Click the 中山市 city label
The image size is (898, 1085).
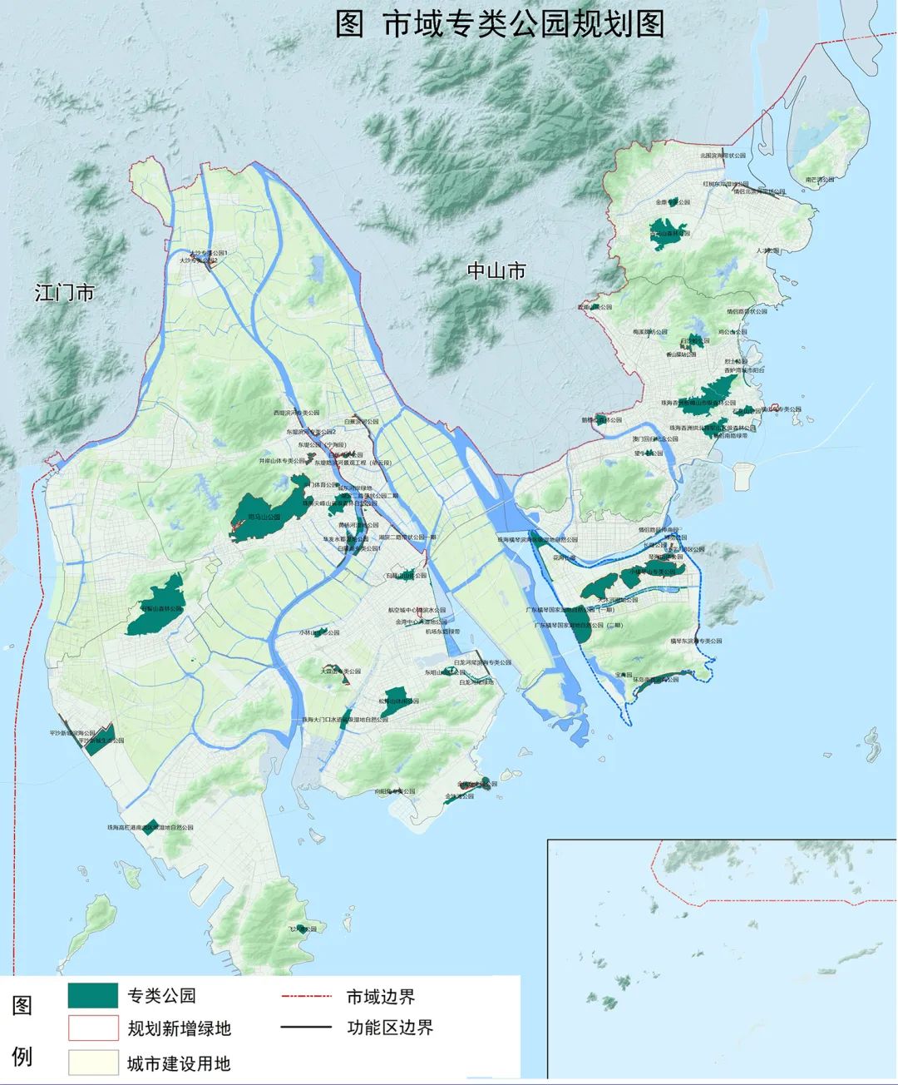click(496, 270)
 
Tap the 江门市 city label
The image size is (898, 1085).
click(64, 293)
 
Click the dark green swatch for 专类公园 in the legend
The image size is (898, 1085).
click(93, 995)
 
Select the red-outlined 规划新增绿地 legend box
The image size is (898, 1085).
click(93, 1028)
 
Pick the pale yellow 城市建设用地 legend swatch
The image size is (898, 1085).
click(93, 1063)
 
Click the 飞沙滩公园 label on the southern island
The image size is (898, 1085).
click(303, 929)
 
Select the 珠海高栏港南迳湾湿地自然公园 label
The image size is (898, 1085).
click(150, 828)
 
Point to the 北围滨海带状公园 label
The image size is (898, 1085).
click(723, 156)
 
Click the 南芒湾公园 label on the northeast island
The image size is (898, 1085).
click(823, 179)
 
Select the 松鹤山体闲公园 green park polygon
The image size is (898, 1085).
click(396, 697)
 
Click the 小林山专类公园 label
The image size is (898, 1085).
click(319, 632)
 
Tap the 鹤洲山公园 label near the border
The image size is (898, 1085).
click(600, 420)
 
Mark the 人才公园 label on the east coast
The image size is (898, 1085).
click(767, 250)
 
